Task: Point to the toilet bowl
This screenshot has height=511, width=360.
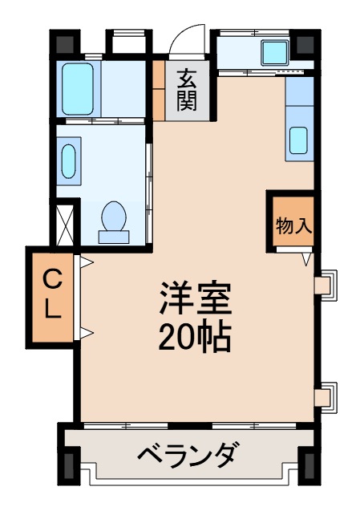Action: (114, 219)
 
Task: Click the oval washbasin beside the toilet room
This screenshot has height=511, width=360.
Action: (68, 160)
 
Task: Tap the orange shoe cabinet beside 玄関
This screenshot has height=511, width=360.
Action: (159, 87)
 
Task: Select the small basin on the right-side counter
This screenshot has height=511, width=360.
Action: (299, 140)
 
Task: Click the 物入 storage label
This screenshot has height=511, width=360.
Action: (292, 225)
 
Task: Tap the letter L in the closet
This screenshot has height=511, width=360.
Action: (51, 310)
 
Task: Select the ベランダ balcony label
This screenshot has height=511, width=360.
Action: (187, 457)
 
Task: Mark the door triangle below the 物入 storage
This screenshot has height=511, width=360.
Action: (306, 258)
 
